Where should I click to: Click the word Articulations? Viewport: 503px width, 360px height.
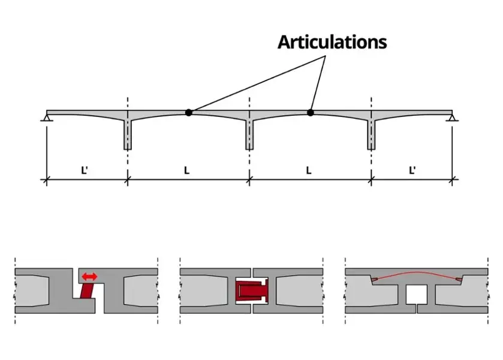pyautogui.click(x=332, y=42)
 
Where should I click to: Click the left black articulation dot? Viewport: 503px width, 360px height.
pyautogui.click(x=189, y=112)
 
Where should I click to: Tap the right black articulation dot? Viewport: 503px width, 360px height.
pyautogui.click(x=311, y=112)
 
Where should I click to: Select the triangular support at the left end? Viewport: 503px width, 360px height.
pyautogui.click(x=47, y=118)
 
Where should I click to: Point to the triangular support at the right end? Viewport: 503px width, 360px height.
pyautogui.click(x=452, y=118)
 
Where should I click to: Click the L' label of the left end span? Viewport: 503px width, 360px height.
pyautogui.click(x=85, y=170)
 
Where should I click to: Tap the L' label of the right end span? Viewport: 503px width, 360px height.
pyautogui.click(x=412, y=170)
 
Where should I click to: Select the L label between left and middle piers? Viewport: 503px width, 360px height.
pyautogui.click(x=186, y=170)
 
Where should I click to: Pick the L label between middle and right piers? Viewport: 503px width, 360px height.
pyautogui.click(x=309, y=170)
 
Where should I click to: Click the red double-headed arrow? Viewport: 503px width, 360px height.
pyautogui.click(x=90, y=277)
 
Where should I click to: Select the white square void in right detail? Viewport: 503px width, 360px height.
pyautogui.click(x=416, y=294)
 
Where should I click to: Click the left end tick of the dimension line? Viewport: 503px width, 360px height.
pyautogui.click(x=47, y=178)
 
